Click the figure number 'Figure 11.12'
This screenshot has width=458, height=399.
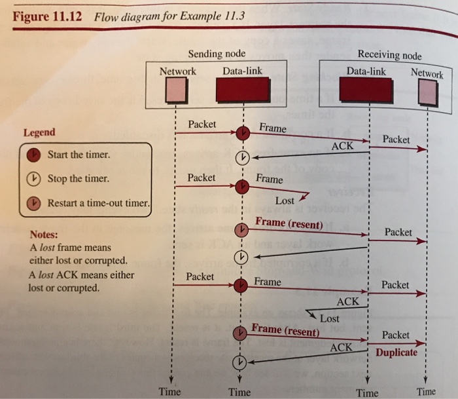[x=47, y=16]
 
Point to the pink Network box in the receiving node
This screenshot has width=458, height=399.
[x=427, y=93]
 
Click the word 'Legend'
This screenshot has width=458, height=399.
[x=39, y=132]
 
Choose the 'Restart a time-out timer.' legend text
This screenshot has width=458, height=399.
[x=98, y=202]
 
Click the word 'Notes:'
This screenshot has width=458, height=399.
[x=44, y=235]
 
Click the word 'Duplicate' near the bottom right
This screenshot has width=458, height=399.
[x=396, y=352]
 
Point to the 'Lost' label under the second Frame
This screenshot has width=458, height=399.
[x=285, y=201]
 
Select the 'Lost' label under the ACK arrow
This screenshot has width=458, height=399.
[x=330, y=318]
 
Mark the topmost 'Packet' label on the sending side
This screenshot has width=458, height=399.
[x=202, y=124]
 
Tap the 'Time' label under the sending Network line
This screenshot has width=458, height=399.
[x=169, y=391]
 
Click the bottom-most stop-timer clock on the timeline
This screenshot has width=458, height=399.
[x=241, y=362]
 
